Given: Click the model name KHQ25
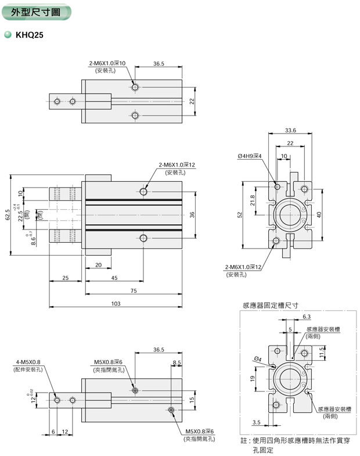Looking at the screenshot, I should point(29,34).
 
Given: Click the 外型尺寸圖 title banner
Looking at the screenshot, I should point(35,12).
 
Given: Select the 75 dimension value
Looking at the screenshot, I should point(133,290).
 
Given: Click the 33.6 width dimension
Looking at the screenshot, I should point(291,130).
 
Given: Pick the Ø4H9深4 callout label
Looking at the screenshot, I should point(250,156).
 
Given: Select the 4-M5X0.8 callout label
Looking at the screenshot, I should point(28,362).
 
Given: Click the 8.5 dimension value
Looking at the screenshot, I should point(177,363).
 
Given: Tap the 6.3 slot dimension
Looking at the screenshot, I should point(307,317).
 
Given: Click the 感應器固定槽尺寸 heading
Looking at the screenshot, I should point(270,304).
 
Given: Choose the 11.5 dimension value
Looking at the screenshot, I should point(321,352).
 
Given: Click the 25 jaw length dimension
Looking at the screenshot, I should point(65,278).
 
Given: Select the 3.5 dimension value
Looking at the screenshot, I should point(256,422).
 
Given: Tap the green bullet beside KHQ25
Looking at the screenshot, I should point(8,34).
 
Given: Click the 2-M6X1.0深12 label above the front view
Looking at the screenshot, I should point(177,166).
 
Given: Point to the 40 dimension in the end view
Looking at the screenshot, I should point(319,214).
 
